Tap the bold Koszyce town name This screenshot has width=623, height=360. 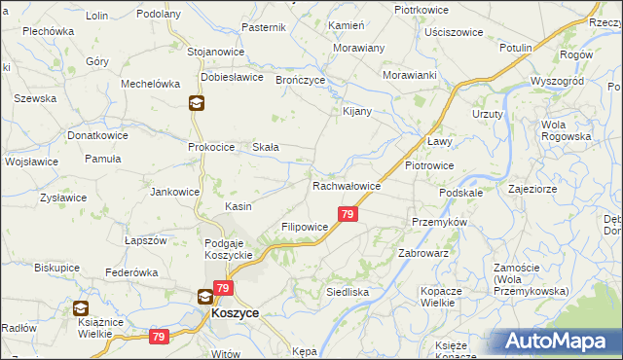pyautogui.click(x=235, y=315)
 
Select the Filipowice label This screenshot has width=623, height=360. pyautogui.click(x=305, y=226)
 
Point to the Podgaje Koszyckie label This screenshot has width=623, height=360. pyautogui.click(x=229, y=248)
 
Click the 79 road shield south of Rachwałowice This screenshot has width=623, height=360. pyautogui.click(x=348, y=213)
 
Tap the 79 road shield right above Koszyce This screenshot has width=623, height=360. pyautogui.click(x=224, y=288)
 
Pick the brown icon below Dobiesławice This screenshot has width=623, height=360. pyautogui.click(x=196, y=104)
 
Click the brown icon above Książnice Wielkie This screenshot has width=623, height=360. pyautogui.click(x=82, y=308)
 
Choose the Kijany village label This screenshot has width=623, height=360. pyautogui.click(x=358, y=111)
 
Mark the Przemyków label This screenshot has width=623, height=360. pyautogui.click(x=440, y=222)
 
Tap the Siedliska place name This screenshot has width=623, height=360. pyautogui.click(x=347, y=291)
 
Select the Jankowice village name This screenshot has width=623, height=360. pyautogui.click(x=174, y=192)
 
